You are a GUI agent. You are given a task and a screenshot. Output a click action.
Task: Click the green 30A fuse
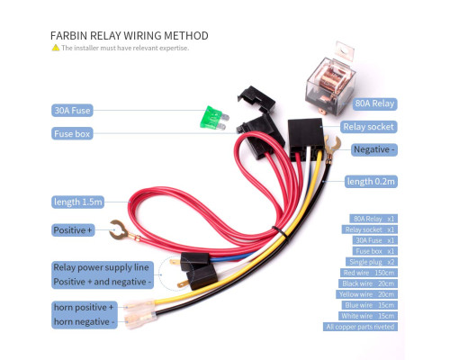(214, 118)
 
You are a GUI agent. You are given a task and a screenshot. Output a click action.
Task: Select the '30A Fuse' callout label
(72, 111)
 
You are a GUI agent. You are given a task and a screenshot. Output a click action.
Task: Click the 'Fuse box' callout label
(72, 133)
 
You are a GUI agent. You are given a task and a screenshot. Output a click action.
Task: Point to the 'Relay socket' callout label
(368, 127)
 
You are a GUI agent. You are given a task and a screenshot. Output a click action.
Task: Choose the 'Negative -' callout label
(374, 149)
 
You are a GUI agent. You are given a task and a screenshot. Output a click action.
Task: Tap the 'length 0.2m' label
(371, 182)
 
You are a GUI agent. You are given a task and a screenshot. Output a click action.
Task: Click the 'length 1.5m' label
(78, 202)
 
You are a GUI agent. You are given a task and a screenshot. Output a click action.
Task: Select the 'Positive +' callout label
(73, 230)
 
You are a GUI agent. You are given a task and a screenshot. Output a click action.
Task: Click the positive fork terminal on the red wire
(120, 231)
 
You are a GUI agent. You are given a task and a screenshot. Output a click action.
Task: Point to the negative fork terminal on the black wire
(332, 147)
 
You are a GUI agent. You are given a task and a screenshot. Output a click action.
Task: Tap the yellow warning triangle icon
(56, 48)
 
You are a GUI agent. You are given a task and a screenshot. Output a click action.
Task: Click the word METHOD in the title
(186, 36)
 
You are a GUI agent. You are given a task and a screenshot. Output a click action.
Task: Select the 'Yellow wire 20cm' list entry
(366, 294)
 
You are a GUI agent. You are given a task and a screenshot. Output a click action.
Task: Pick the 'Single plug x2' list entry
(372, 262)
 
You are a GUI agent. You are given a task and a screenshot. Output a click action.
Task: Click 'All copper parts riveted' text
(360, 327)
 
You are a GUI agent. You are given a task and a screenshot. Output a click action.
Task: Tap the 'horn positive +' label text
(84, 308)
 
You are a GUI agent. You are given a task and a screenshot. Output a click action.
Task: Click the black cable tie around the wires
(280, 232)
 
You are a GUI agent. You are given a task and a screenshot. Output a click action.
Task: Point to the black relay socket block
(306, 139)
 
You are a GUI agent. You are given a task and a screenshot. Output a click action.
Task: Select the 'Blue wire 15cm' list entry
(369, 305)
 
